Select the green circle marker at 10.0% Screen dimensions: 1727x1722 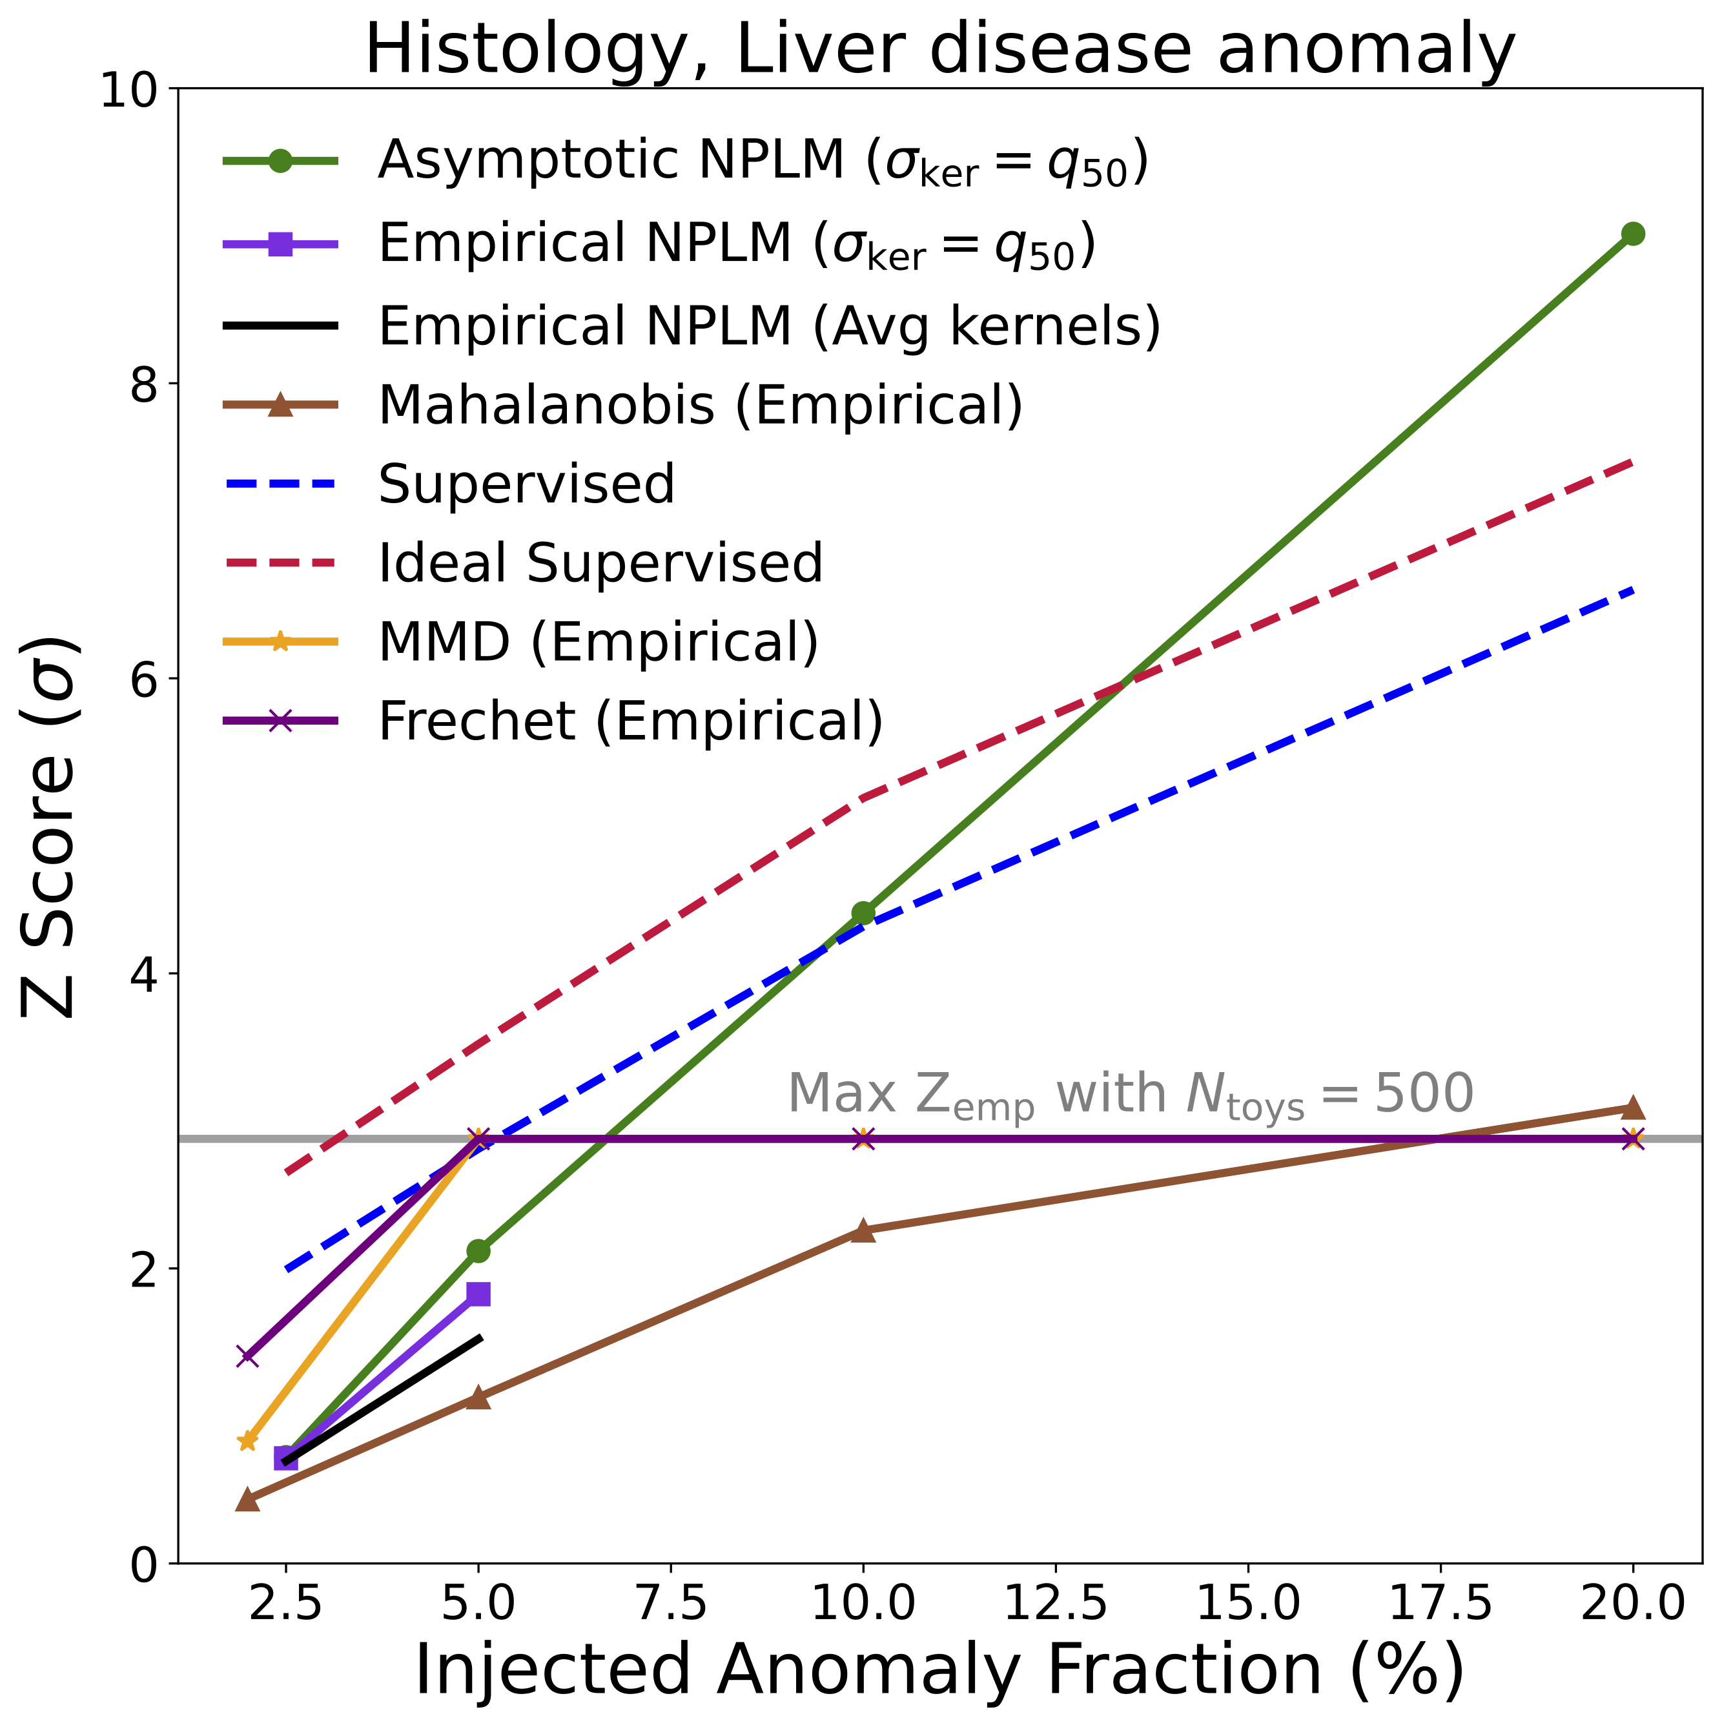863,913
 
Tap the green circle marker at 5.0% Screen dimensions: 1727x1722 478,1250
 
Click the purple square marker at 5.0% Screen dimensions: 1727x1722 478,1294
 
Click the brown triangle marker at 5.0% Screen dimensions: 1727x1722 478,1397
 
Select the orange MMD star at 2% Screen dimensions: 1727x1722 247,1441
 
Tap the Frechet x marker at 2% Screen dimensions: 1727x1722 247,1356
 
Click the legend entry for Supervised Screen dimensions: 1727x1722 526,484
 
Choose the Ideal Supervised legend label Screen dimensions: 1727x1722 600,563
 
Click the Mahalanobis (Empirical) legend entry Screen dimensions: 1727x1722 700,405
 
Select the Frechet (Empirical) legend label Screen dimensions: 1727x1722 630,721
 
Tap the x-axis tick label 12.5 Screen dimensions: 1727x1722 1056,1604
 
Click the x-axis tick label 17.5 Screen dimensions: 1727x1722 1440,1604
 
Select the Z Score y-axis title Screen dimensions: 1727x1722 49,827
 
